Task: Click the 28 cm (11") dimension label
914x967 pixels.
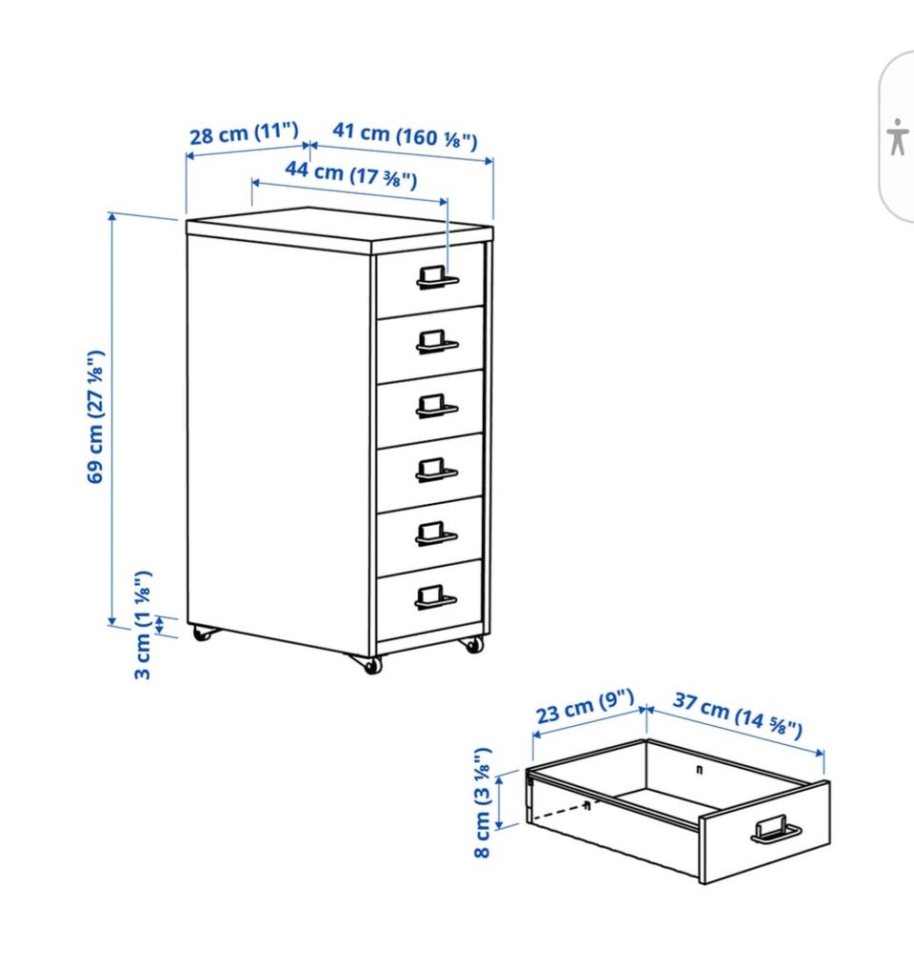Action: tap(244, 132)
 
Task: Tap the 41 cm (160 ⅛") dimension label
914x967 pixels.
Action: tap(405, 135)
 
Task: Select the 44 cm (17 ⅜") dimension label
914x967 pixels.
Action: tap(350, 174)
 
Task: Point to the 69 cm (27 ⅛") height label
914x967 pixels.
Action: tap(95, 417)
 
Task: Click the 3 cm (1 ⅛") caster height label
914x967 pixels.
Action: tap(143, 625)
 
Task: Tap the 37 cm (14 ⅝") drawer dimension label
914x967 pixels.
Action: tap(737, 715)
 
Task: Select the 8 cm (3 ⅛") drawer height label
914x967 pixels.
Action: tap(482, 802)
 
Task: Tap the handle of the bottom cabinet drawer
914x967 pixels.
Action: tap(436, 597)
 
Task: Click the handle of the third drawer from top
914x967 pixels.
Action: tap(436, 406)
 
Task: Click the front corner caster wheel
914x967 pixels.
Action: tap(371, 665)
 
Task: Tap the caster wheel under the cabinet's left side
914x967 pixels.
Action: tap(203, 634)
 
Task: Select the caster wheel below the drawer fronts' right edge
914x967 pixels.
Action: tap(473, 644)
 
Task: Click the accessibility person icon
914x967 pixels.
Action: tap(898, 137)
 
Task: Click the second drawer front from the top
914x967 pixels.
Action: tap(430, 344)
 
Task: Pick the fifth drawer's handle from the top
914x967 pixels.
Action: tap(436, 534)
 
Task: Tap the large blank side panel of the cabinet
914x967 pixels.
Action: tap(279, 441)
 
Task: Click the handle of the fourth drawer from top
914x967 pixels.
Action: tap(436, 470)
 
